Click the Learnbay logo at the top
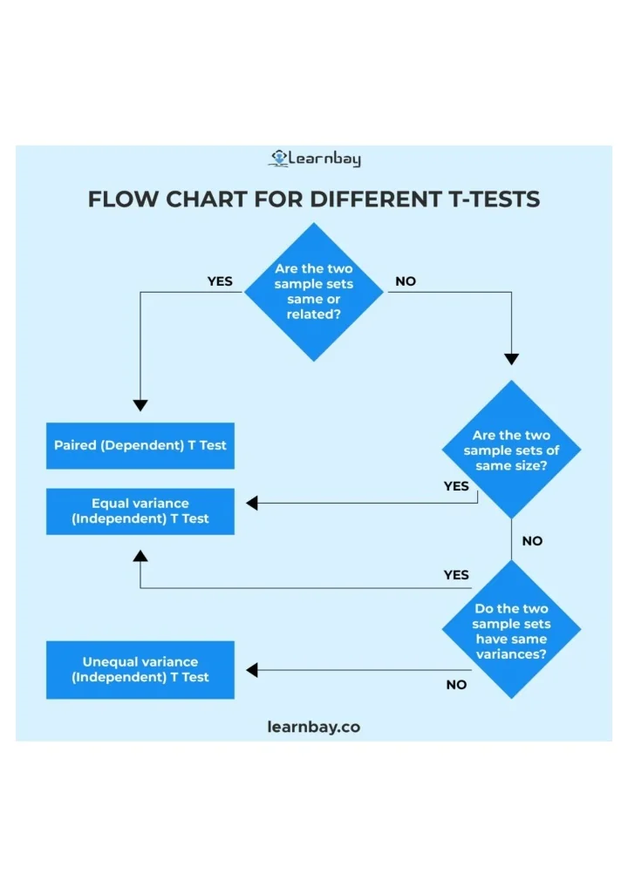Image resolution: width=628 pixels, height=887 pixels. click(x=314, y=159)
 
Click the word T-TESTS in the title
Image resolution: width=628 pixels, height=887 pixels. click(x=494, y=200)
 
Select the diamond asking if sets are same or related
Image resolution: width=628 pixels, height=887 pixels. click(x=313, y=292)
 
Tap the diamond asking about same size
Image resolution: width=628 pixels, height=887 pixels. click(x=511, y=450)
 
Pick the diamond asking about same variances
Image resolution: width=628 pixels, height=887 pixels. click(x=511, y=630)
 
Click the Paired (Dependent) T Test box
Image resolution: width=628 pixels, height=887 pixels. click(x=140, y=445)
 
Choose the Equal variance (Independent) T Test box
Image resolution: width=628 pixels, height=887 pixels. click(x=140, y=511)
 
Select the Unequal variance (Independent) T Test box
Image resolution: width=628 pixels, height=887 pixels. click(x=140, y=669)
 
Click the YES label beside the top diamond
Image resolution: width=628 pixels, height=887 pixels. click(x=220, y=281)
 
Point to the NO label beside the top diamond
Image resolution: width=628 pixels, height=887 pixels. click(x=406, y=281)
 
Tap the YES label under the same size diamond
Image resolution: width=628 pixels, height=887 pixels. click(x=456, y=486)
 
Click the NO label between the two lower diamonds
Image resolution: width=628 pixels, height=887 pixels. click(x=532, y=541)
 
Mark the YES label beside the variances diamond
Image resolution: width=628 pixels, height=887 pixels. click(x=456, y=575)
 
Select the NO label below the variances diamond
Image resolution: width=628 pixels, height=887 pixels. click(x=456, y=685)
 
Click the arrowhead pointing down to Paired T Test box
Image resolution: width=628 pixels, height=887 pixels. click(x=140, y=405)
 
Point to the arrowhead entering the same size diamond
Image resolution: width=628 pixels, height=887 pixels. click(x=511, y=359)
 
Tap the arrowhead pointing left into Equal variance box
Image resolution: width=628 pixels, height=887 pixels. click(x=252, y=504)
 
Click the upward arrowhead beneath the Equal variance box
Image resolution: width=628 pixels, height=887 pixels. click(x=140, y=556)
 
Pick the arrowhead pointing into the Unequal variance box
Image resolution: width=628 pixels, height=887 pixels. click(x=252, y=670)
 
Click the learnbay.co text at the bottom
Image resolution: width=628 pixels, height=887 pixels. click(x=314, y=727)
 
